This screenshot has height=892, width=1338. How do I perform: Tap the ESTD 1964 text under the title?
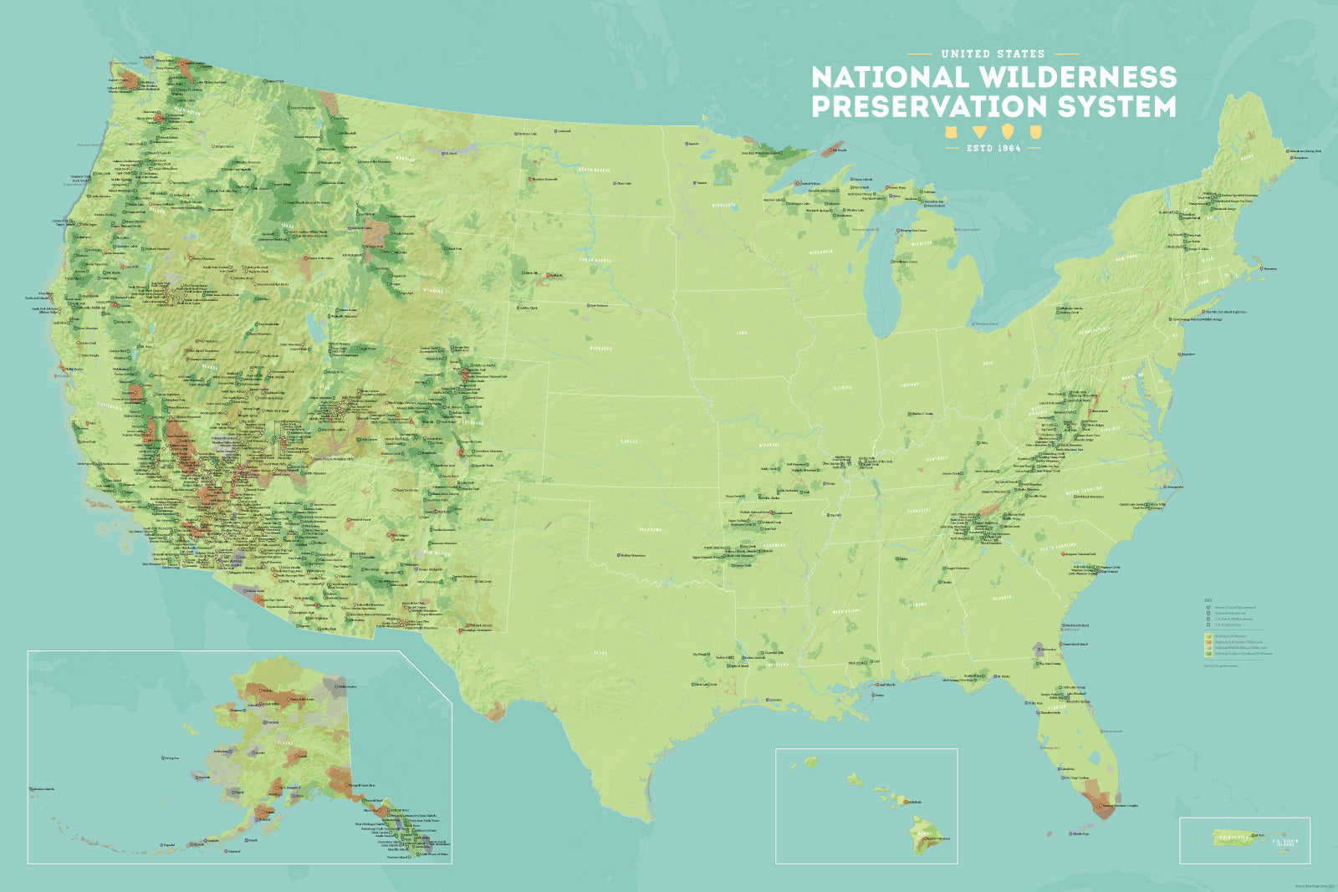pos(993,148)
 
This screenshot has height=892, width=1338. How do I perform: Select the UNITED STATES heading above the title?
pos(993,54)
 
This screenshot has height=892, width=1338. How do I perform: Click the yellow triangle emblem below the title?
pos(978,132)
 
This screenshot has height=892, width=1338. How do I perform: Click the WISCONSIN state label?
pos(820,252)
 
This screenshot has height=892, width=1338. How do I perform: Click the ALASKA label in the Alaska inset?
pos(284,741)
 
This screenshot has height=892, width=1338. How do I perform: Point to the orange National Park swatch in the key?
pos(1208,642)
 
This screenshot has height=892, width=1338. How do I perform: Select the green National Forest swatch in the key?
pos(1208,654)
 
